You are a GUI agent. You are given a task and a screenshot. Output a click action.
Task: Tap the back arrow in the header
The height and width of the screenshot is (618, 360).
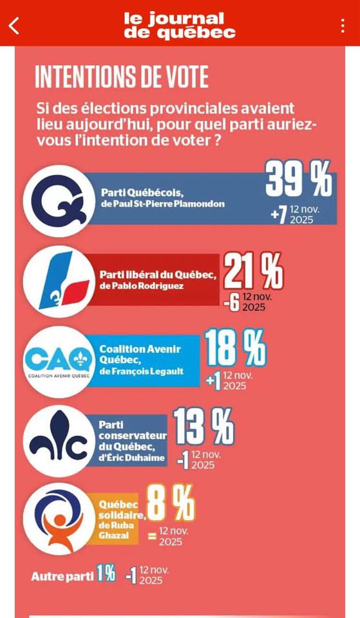coord(14,25)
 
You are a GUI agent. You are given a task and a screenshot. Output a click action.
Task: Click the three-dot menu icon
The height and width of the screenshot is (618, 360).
coord(343,25)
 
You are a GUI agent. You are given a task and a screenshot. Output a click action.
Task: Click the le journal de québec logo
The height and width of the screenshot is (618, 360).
coord(180,25)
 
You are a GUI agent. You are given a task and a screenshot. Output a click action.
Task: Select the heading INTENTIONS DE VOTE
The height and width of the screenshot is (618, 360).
coord(122,77)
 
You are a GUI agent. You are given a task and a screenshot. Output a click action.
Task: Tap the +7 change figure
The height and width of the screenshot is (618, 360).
coord(278,215)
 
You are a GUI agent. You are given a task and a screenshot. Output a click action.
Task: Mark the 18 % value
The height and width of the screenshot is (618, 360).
coord(235,349)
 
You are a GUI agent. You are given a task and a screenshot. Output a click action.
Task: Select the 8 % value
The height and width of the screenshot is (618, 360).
coord(171,503)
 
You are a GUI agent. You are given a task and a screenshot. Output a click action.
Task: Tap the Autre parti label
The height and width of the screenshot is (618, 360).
coord(62,576)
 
